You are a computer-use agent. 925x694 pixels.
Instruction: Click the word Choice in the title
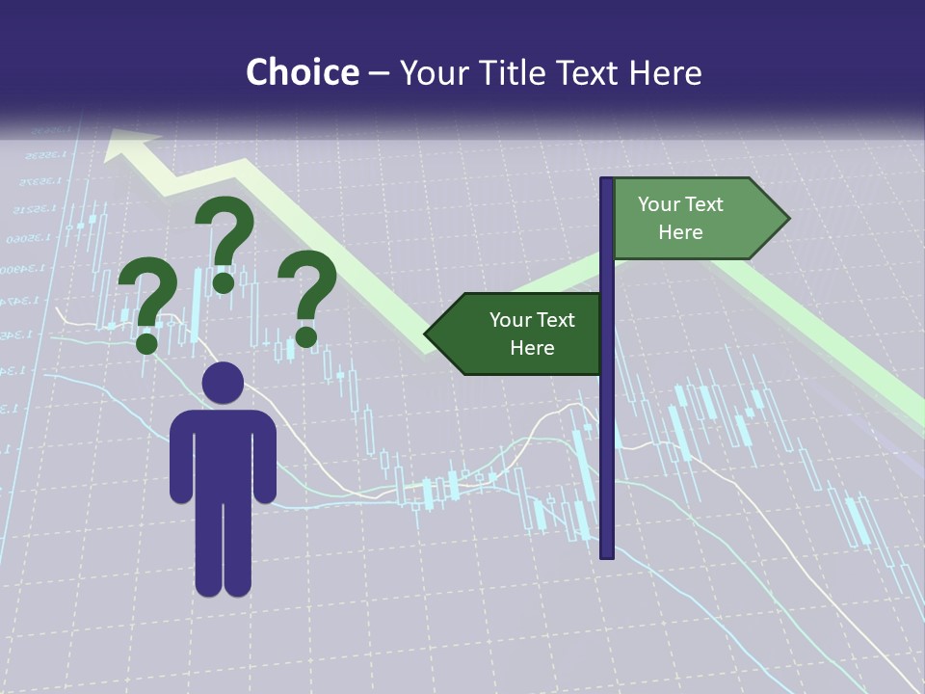[x=302, y=72]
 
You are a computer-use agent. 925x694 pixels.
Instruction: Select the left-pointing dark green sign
[x=515, y=334]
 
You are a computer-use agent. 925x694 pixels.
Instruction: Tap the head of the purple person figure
[x=223, y=383]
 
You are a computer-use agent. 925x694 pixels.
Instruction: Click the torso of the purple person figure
[x=223, y=453]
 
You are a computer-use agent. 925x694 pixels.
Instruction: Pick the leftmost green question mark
[x=147, y=301]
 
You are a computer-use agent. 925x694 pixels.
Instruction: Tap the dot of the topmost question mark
[x=224, y=281]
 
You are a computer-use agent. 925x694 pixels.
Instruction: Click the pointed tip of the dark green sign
[x=428, y=334]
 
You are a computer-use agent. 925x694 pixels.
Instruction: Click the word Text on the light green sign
[x=703, y=204]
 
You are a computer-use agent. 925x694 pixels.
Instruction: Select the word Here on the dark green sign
[x=532, y=348]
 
